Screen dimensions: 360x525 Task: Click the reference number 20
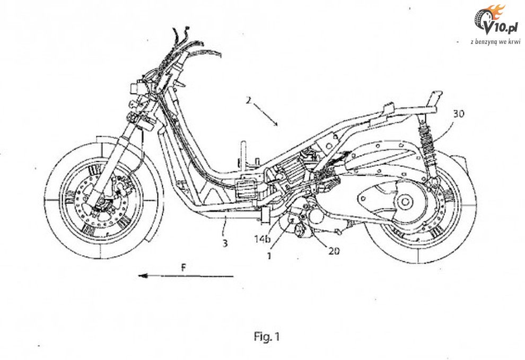click(x=334, y=251)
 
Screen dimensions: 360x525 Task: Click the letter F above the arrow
click(x=183, y=268)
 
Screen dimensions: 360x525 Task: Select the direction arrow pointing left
click(x=185, y=276)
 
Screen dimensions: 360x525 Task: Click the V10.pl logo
click(x=495, y=20)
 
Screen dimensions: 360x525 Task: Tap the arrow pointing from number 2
click(x=266, y=113)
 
